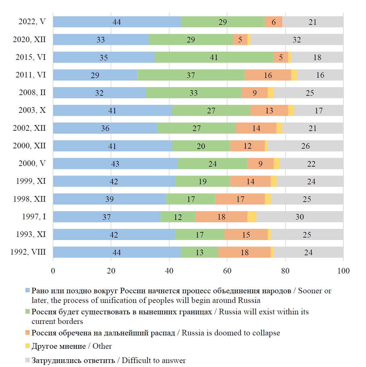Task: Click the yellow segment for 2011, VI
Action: pyautogui.click(x=294, y=75)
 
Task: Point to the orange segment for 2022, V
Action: pyautogui.click(x=274, y=22)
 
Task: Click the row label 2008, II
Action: pyautogui.click(x=32, y=93)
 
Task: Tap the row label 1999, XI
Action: pyautogui.click(x=31, y=181)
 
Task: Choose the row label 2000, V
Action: pyautogui.click(x=32, y=164)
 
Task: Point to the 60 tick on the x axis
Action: pyautogui.click(x=227, y=271)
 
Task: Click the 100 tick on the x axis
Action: pyautogui.click(x=343, y=271)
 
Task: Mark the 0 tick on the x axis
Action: pyautogui.click(x=53, y=271)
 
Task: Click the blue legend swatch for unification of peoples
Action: pyautogui.click(x=28, y=291)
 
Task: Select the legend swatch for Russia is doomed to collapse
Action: pyautogui.click(x=28, y=333)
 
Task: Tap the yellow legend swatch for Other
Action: pyautogui.click(x=28, y=346)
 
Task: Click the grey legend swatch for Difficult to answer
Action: pyautogui.click(x=28, y=360)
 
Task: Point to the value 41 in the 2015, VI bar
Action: pyautogui.click(x=214, y=57)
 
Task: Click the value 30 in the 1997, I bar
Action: pyautogui.click(x=300, y=217)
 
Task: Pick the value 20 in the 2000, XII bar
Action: pyautogui.click(x=201, y=146)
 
